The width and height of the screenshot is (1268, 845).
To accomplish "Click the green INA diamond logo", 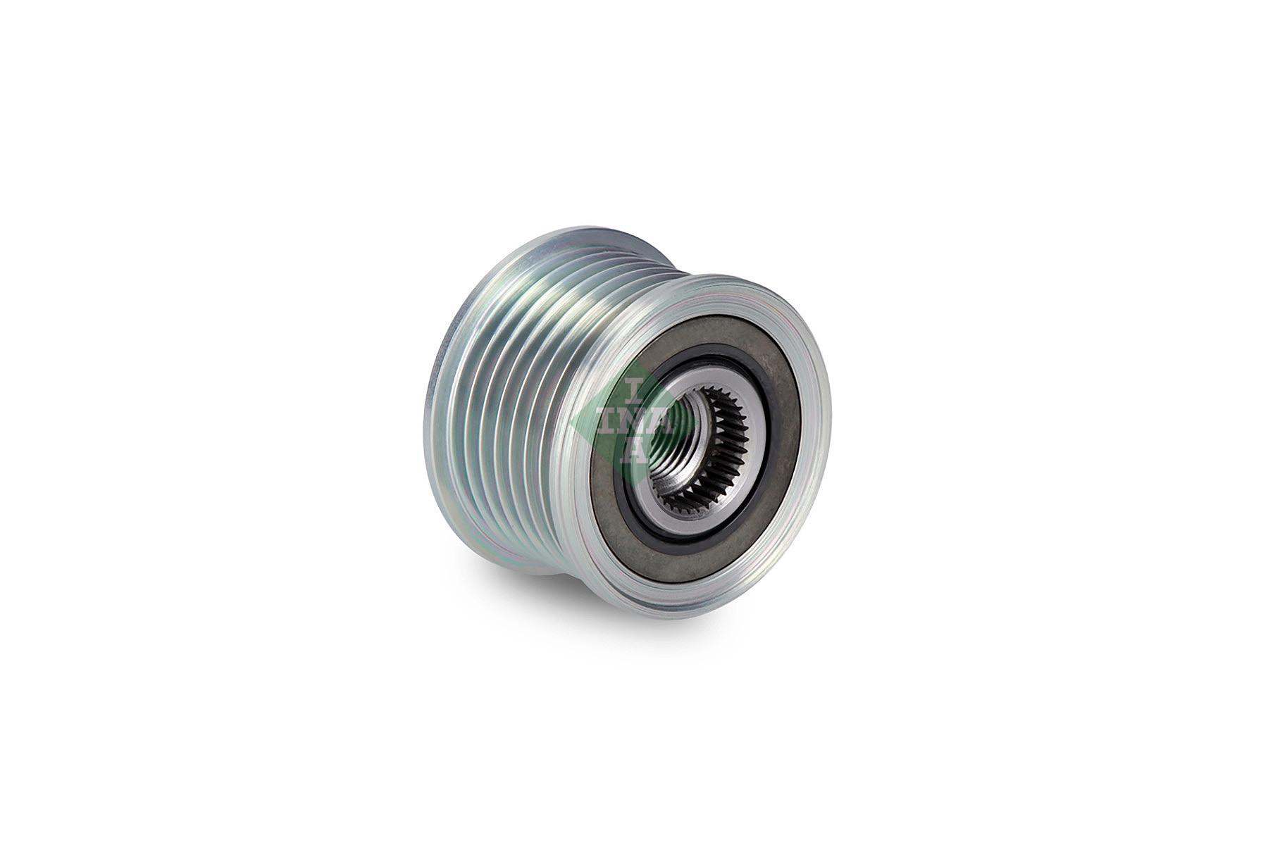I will tap(620, 422).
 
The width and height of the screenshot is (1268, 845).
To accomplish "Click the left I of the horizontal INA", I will tap(607, 423).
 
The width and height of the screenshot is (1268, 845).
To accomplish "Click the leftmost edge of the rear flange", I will tap(428, 394).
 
